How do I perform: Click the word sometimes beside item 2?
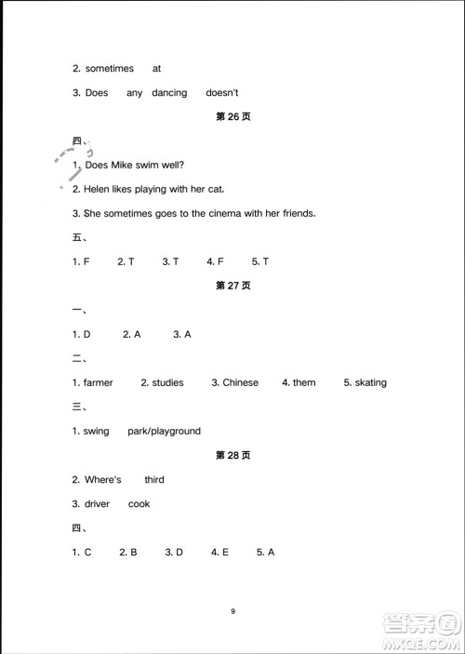click(x=109, y=68)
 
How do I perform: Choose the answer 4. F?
click(x=216, y=261)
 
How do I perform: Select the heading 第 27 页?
click(x=232, y=286)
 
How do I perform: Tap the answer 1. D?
click(x=82, y=334)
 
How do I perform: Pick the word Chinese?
click(x=240, y=382)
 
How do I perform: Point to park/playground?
click(x=165, y=431)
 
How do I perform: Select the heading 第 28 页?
click(x=232, y=455)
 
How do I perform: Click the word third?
click(x=154, y=479)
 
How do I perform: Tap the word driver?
click(x=97, y=503)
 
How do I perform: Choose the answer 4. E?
click(x=219, y=552)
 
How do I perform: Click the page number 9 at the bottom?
click(x=232, y=611)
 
